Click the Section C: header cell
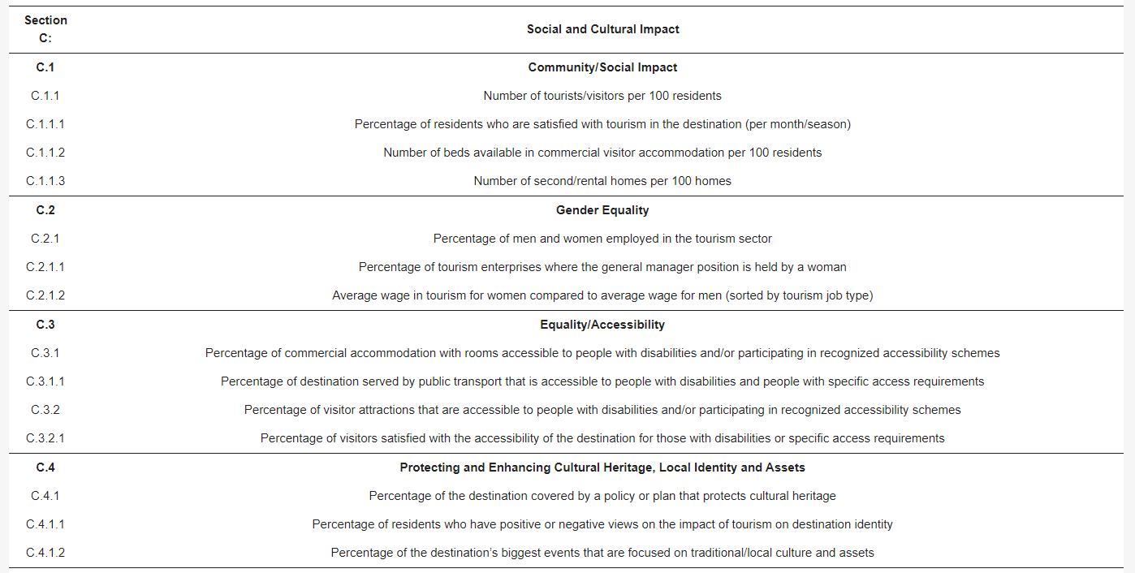45,29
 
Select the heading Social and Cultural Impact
602,29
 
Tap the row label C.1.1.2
45,153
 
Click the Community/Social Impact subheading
602,67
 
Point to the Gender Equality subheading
602,210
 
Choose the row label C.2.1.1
45,267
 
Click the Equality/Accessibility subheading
602,325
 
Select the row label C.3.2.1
45,438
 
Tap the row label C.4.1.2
45,553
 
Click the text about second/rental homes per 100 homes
602,181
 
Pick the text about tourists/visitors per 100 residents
602,96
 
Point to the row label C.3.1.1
45,381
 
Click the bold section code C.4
45,467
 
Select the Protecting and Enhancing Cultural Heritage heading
602,467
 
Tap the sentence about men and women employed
602,239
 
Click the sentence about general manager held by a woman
602,267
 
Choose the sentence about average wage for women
602,295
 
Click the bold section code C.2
45,210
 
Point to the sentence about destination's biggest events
602,553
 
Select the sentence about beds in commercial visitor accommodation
602,153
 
